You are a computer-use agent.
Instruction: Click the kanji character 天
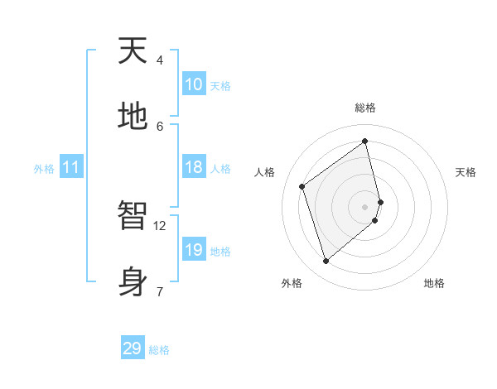(133, 51)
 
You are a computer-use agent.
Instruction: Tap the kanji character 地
(133, 116)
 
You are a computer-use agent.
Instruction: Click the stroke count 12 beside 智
(160, 225)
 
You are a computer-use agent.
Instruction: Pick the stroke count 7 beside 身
(159, 291)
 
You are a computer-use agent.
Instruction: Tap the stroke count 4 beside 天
(160, 60)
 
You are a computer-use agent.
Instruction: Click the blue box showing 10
(194, 84)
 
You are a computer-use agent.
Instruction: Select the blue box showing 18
(194, 167)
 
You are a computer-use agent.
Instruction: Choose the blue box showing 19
(194, 250)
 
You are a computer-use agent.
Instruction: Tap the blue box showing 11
(71, 167)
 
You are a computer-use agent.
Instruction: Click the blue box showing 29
(133, 348)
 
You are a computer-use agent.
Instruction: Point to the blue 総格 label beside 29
(159, 350)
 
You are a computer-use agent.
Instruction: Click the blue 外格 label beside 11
(44, 169)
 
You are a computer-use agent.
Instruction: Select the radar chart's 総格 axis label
(365, 108)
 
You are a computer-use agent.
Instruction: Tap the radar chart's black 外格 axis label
(292, 283)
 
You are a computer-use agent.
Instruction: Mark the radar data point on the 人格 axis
(302, 186)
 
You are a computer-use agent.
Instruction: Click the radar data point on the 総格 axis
(365, 141)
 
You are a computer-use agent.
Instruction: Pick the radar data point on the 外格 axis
(326, 262)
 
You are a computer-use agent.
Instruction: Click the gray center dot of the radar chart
(365, 206)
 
